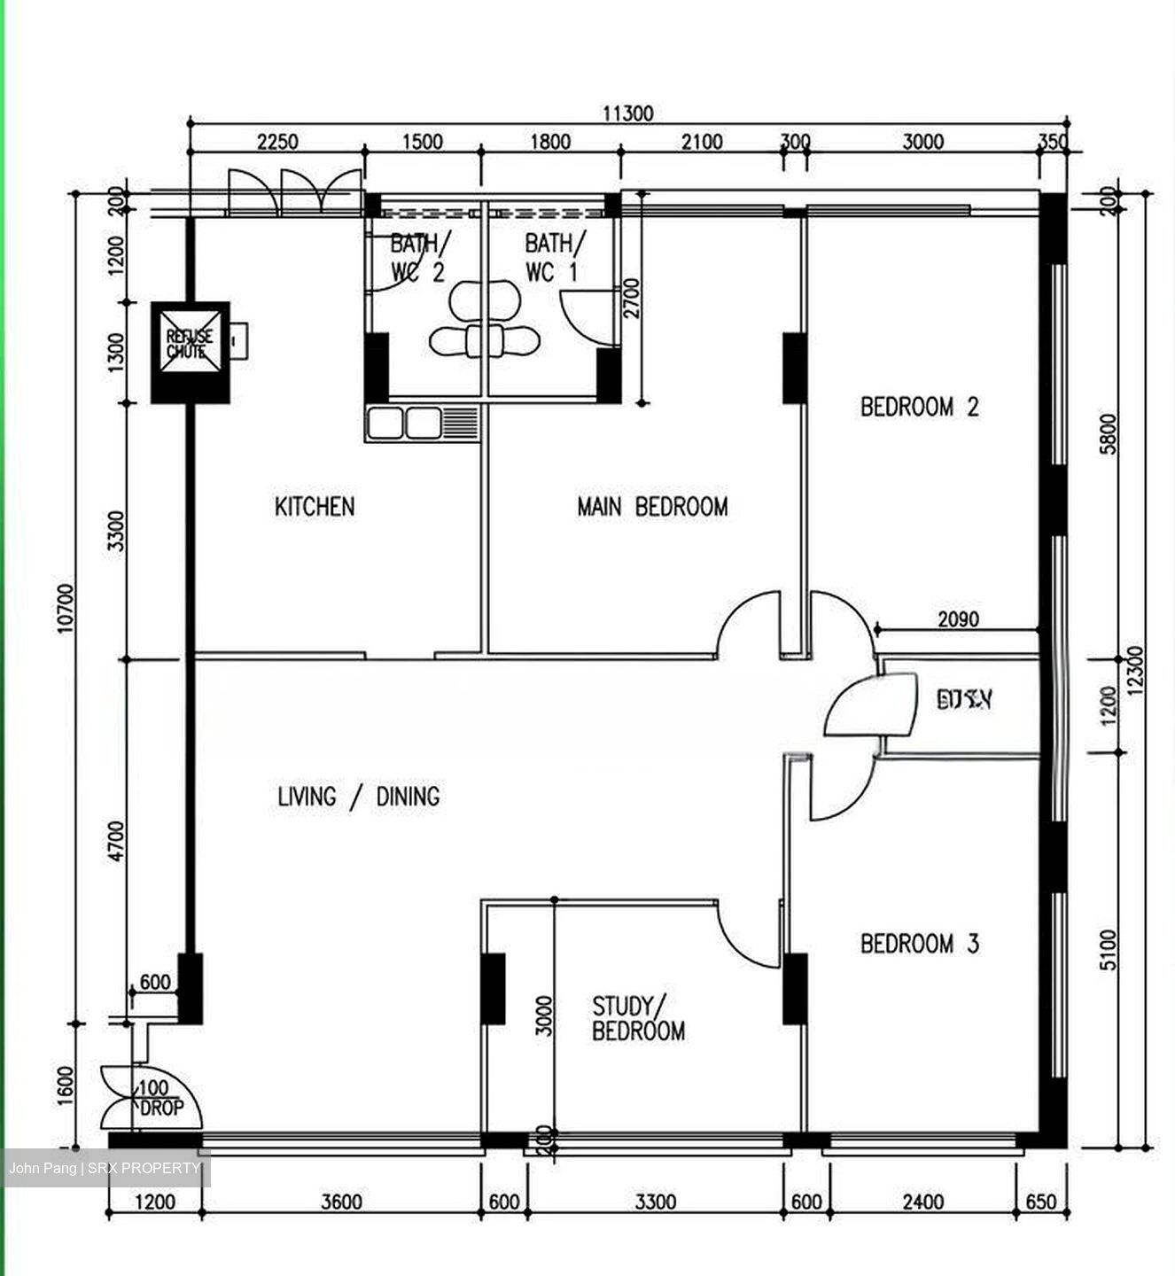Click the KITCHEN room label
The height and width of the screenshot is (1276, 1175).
point(315,507)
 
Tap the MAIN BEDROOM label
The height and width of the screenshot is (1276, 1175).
point(652,507)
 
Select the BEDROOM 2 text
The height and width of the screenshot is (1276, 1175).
point(919,407)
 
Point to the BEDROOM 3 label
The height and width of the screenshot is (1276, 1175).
point(919,944)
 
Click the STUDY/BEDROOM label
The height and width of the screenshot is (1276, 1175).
point(637,1019)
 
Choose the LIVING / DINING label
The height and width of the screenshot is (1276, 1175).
point(358,797)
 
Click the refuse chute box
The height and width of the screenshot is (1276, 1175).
point(190,352)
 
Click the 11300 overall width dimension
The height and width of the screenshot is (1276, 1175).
point(627,113)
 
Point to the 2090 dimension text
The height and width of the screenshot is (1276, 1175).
point(958,619)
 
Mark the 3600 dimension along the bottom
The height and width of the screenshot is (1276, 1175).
point(341,1202)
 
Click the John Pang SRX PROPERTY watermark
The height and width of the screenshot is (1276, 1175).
point(105,1168)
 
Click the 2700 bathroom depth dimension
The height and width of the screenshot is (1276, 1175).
point(631,299)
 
